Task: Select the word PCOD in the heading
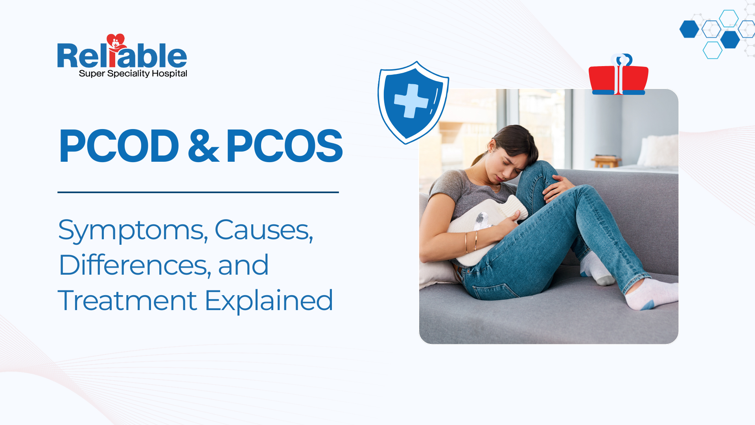pos(119,146)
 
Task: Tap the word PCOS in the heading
pos(284,146)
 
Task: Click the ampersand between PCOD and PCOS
pos(203,146)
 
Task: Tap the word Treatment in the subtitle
pos(127,301)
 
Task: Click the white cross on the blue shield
pos(411,101)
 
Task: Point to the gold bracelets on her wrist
pos(471,241)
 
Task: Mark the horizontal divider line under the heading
pos(198,192)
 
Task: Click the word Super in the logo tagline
pos(92,74)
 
